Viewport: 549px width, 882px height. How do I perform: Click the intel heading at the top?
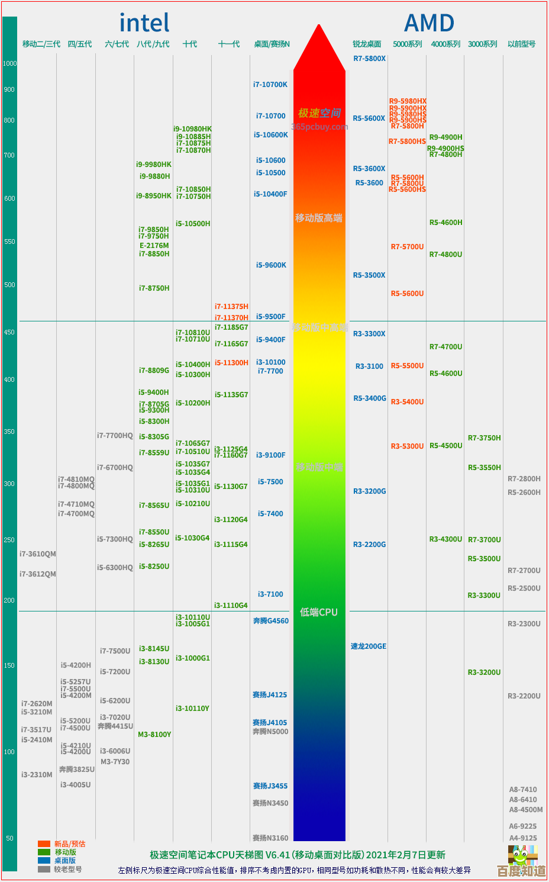(144, 23)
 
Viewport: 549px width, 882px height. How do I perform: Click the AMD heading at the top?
(429, 24)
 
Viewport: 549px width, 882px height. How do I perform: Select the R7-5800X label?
(369, 59)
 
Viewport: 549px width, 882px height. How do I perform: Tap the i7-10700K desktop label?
(270, 85)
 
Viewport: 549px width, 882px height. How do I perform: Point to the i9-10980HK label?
(192, 129)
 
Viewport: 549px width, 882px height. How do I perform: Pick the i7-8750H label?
(154, 288)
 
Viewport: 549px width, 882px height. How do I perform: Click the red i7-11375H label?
(231, 307)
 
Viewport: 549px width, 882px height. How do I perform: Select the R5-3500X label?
(369, 275)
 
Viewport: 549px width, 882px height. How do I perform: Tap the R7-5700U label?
(407, 247)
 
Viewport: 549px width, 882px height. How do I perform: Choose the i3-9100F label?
(270, 455)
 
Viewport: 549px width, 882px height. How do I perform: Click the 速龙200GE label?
(368, 646)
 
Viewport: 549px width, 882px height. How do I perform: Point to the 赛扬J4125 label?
(270, 695)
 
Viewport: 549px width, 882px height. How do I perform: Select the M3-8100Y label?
(154, 735)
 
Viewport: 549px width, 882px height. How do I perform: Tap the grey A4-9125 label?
(523, 838)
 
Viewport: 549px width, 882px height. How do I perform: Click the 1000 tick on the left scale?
(9, 63)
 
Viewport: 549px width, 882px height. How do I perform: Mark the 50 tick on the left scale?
(9, 838)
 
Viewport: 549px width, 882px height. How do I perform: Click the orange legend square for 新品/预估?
(44, 844)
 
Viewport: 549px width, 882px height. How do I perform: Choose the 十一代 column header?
(229, 44)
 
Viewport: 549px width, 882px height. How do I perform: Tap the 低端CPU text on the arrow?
(318, 612)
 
